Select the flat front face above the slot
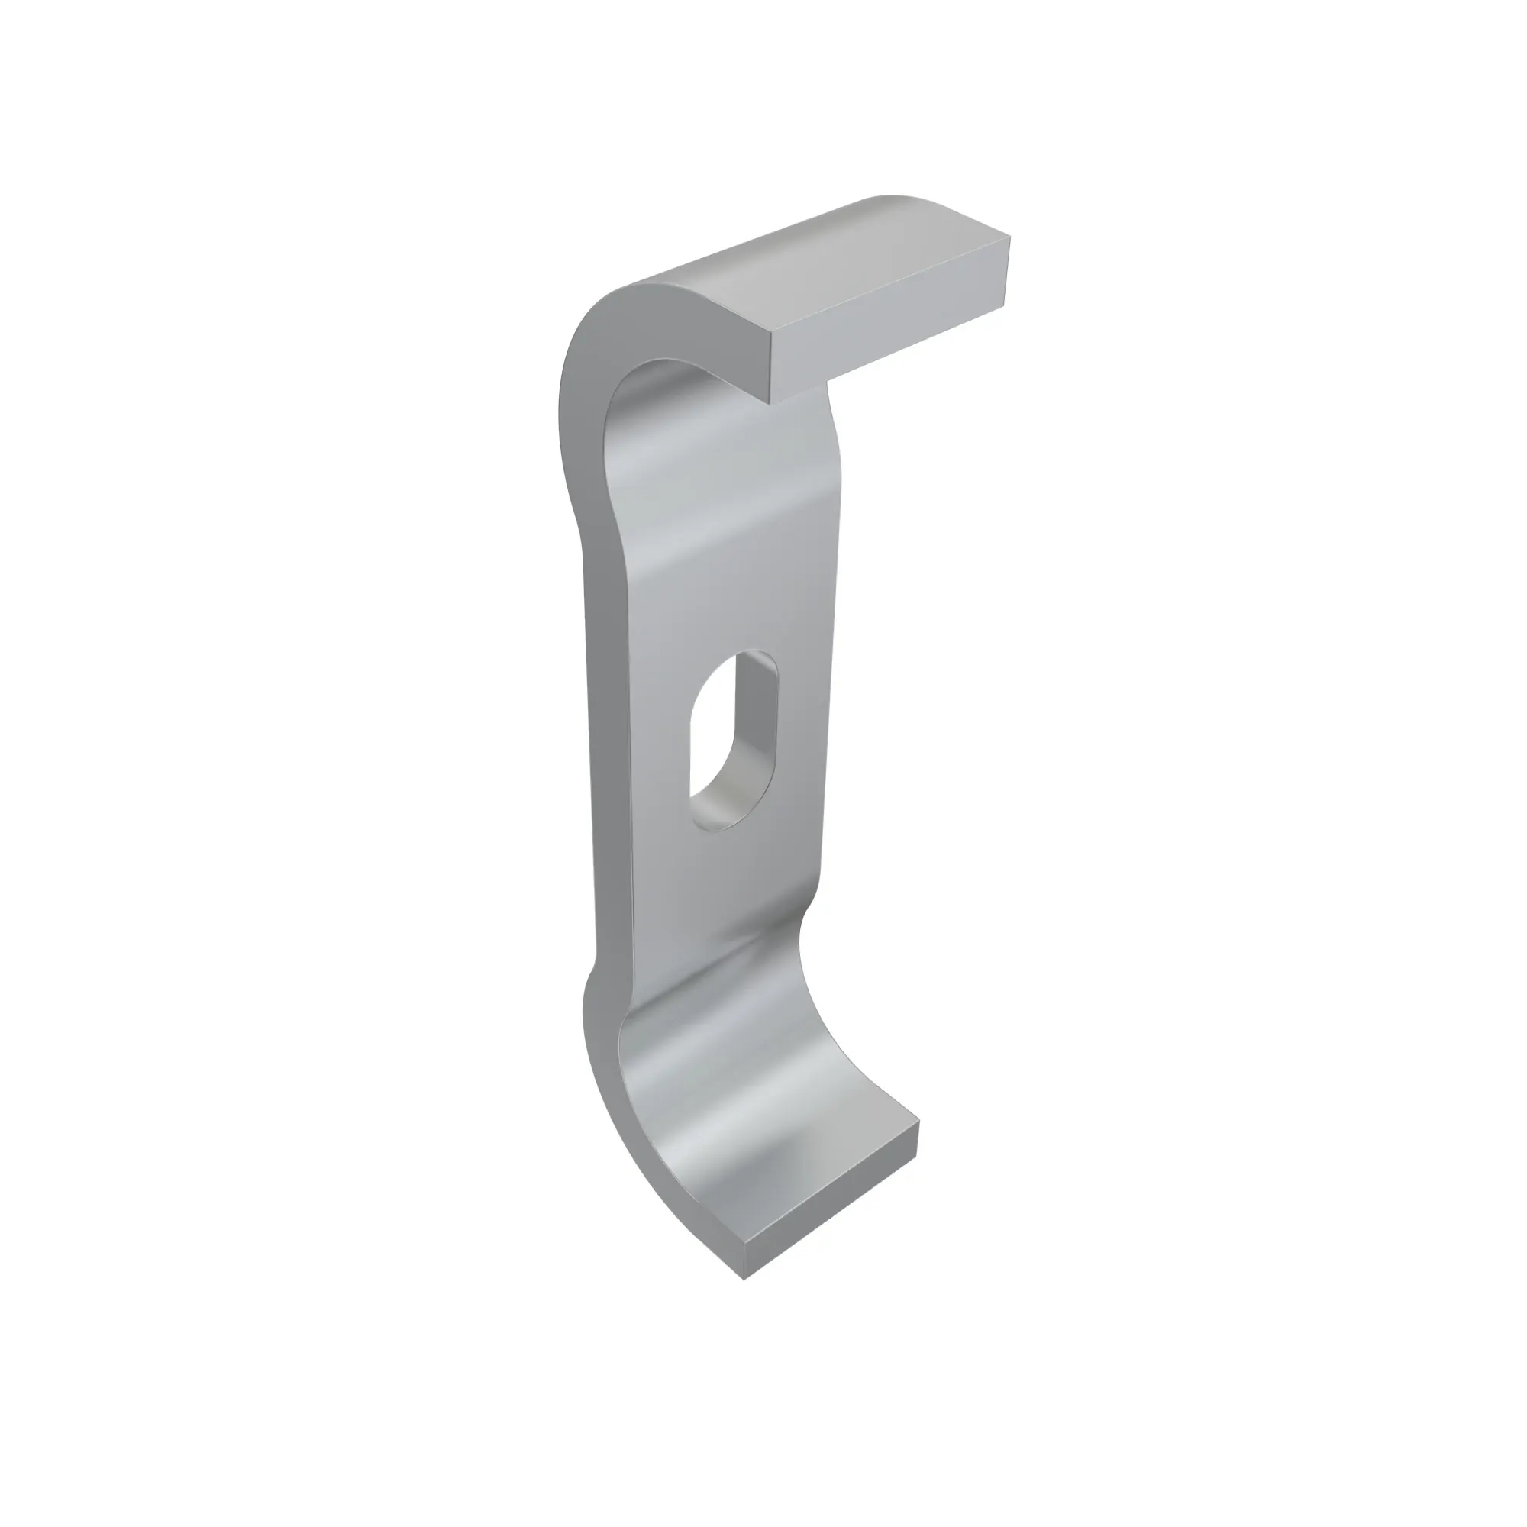727,569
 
